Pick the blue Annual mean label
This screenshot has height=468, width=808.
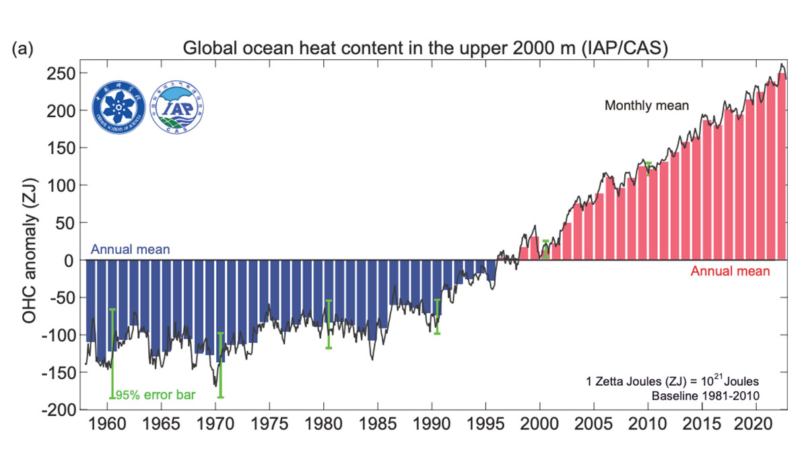(x=130, y=250)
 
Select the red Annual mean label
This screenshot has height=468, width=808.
(x=730, y=272)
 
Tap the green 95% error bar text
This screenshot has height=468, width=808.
(x=156, y=395)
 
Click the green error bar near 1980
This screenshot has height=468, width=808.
(x=329, y=324)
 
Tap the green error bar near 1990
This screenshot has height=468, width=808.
(x=437, y=316)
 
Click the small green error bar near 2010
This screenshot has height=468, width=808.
(x=648, y=168)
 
